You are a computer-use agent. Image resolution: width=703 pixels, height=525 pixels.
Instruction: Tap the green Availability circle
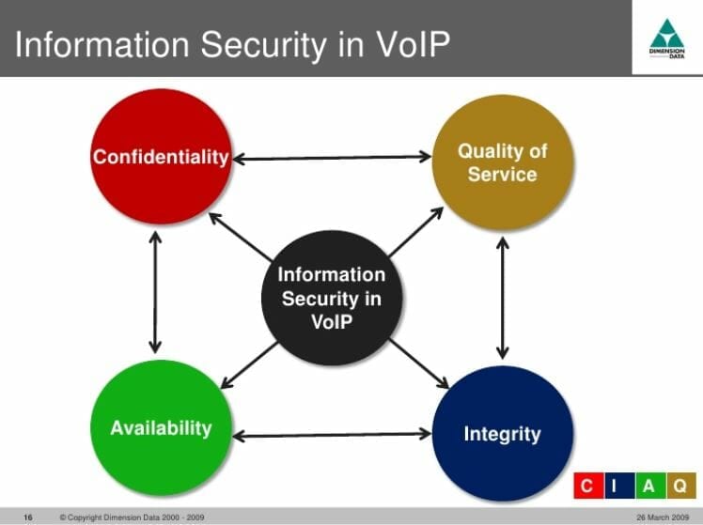(x=161, y=427)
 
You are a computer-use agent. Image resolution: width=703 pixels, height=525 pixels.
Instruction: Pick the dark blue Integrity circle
(x=502, y=433)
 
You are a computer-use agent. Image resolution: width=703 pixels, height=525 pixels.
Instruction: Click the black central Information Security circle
(x=331, y=298)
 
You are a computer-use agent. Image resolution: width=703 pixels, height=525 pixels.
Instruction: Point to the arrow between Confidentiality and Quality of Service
(x=331, y=158)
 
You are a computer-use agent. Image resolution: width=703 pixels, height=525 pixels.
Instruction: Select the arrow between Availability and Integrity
(x=331, y=435)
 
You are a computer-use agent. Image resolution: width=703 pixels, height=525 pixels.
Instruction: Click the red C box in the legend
(x=586, y=486)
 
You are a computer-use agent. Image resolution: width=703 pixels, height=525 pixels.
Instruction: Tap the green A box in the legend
(x=648, y=486)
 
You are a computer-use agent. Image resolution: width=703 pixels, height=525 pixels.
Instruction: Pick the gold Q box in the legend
(x=679, y=486)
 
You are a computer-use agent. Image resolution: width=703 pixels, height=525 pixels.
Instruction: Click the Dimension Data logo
(x=667, y=38)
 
